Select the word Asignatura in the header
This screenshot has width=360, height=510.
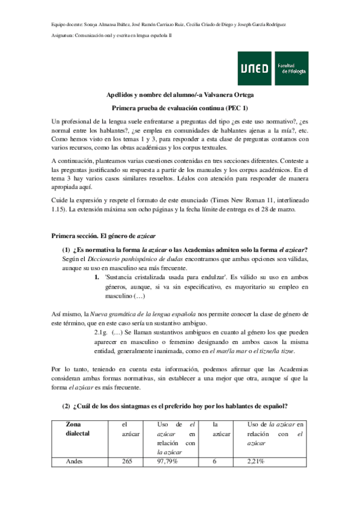(x=62, y=36)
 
